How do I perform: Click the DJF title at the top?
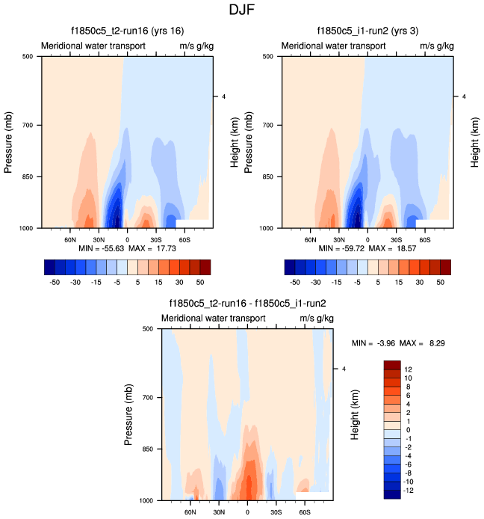point(242,10)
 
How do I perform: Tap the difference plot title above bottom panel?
point(249,304)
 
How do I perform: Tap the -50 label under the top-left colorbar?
point(54,284)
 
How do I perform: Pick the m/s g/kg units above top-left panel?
point(196,46)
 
